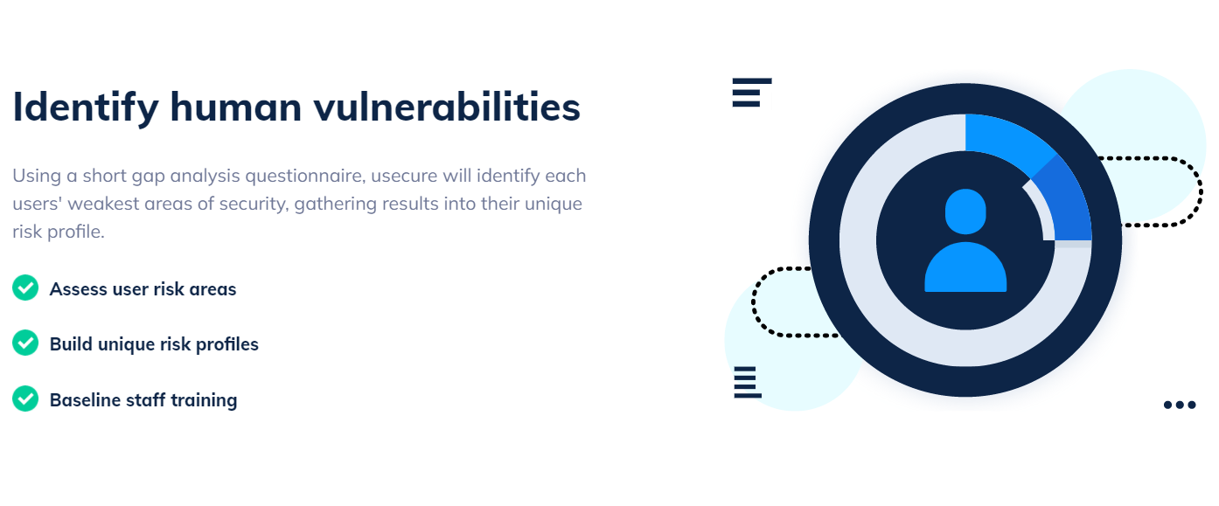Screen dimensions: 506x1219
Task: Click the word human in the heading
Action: coord(227,107)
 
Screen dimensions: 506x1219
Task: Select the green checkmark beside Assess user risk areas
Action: coord(25,288)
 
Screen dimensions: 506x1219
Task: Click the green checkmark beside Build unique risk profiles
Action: coord(25,343)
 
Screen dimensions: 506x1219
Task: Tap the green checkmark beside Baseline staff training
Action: coord(25,399)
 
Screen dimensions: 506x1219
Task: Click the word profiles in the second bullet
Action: coord(227,344)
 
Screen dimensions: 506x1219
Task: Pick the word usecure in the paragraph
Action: coord(403,176)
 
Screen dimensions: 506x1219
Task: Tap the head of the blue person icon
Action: coord(965,211)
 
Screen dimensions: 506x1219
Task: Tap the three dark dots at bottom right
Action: coord(1179,405)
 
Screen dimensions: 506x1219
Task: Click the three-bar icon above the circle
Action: coord(750,93)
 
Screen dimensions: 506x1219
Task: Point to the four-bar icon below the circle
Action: coord(747,382)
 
